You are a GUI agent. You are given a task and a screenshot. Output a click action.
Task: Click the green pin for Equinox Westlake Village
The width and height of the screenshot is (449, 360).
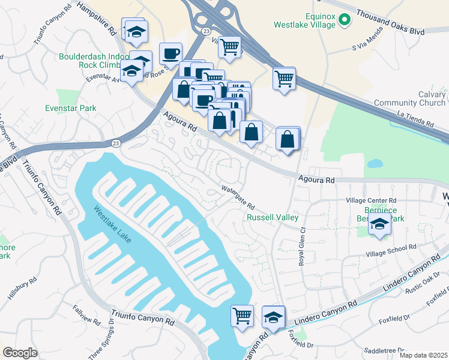(x=344, y=21)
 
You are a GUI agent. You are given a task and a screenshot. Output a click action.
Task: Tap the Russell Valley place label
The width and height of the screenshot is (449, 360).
(x=273, y=217)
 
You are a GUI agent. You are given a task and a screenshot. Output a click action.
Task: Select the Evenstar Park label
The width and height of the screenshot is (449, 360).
(x=71, y=108)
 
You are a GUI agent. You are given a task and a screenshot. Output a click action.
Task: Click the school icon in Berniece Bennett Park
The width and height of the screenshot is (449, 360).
(x=379, y=225)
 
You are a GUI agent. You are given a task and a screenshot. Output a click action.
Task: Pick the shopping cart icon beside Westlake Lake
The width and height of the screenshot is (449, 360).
(x=242, y=314)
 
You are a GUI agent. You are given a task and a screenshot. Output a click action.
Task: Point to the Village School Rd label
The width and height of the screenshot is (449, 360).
(x=391, y=247)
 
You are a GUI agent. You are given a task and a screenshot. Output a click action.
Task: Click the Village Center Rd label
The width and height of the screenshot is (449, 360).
(x=372, y=201)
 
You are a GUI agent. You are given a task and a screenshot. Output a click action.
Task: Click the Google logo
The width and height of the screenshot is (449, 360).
(x=20, y=352)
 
